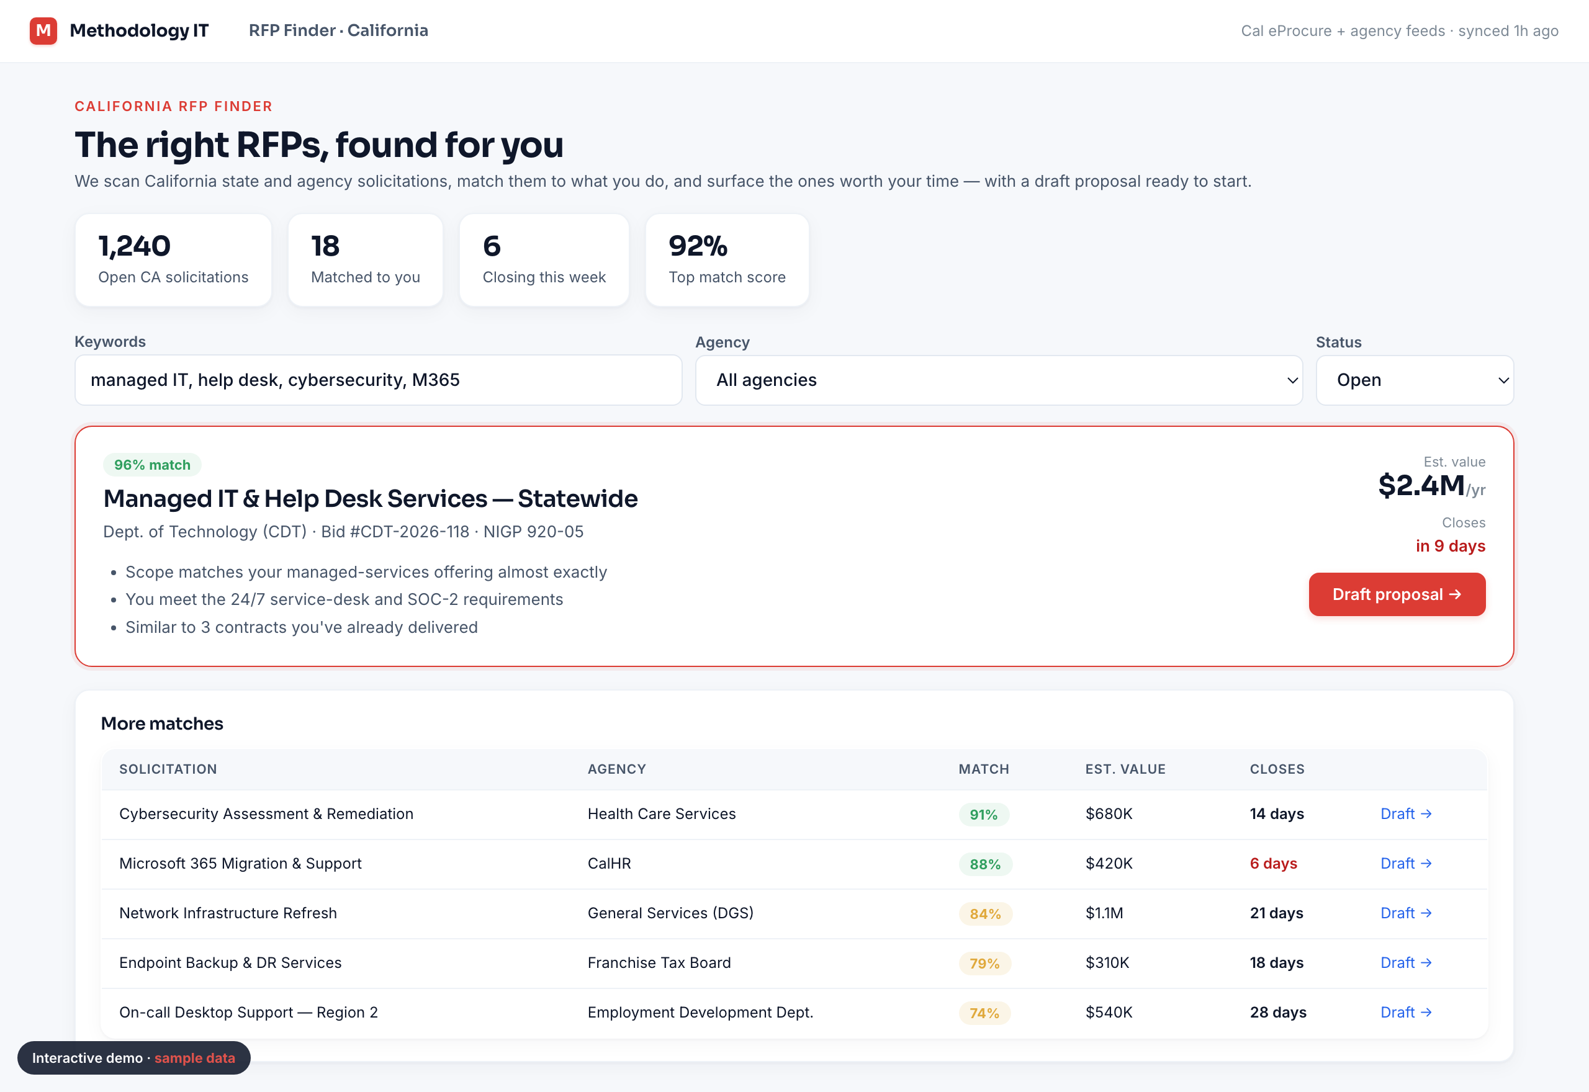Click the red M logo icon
click(x=43, y=31)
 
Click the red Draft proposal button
click(x=1397, y=594)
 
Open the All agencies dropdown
click(x=999, y=380)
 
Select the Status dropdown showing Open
click(x=1415, y=380)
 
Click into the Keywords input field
click(x=378, y=380)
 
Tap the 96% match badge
click(x=152, y=465)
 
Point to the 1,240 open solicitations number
click(x=134, y=246)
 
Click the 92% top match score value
click(x=697, y=246)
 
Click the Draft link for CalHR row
click(x=1406, y=864)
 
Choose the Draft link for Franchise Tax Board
click(x=1406, y=963)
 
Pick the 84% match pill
click(x=984, y=913)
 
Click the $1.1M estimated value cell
click(x=1104, y=913)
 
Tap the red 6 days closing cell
click(x=1273, y=864)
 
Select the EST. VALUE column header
click(x=1125, y=769)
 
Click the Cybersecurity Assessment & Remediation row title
click(x=266, y=813)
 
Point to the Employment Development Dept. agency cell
click(x=700, y=1012)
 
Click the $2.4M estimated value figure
click(x=1421, y=486)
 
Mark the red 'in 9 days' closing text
click(x=1450, y=546)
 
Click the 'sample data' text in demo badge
click(x=194, y=1058)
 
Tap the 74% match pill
click(x=984, y=1013)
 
